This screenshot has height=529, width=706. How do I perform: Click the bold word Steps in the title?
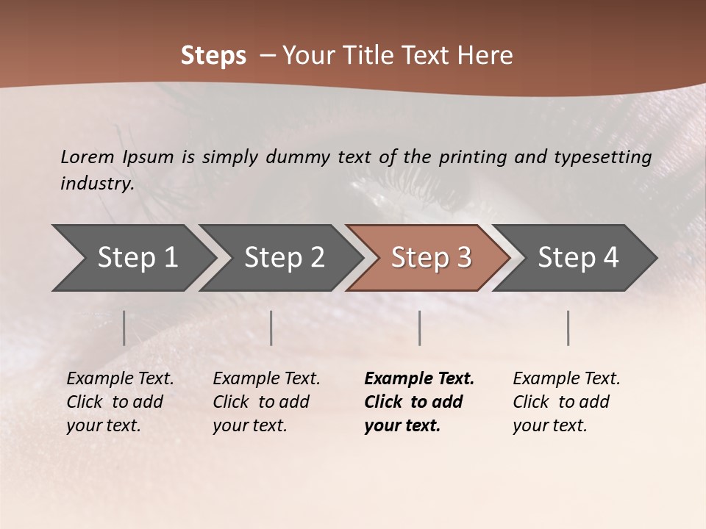(213, 56)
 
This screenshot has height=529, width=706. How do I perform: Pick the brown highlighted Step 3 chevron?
(431, 258)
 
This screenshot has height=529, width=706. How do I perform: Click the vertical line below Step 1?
(124, 328)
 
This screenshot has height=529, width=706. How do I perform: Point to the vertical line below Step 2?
(271, 328)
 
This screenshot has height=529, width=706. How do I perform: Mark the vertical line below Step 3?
(420, 328)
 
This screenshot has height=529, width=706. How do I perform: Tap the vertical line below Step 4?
(568, 328)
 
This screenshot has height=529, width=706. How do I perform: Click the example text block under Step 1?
(120, 402)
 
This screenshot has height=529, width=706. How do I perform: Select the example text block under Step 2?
(266, 402)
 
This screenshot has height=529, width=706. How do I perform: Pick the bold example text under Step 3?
(419, 402)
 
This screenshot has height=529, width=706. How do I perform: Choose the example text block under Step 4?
(566, 402)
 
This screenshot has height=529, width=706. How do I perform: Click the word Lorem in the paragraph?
(87, 156)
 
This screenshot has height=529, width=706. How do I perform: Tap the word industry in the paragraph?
(97, 184)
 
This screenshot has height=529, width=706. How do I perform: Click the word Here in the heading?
(485, 56)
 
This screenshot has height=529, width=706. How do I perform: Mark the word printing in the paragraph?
(471, 156)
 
